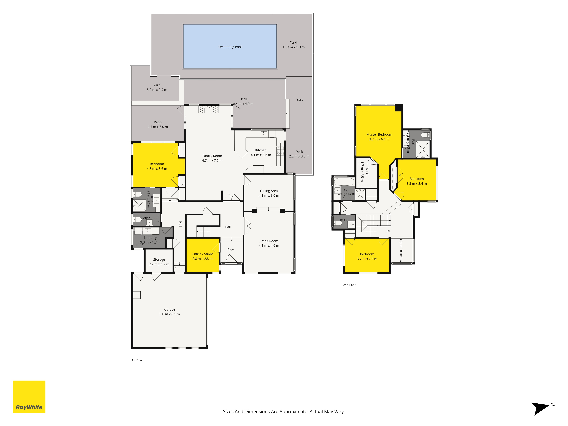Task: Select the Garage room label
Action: coord(169,309)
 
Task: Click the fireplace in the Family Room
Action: coord(208,109)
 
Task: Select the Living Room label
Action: coord(269,241)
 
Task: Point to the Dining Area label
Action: coord(269,191)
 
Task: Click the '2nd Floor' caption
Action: coord(349,285)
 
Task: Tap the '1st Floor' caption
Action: coord(137,360)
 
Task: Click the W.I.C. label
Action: coord(367,172)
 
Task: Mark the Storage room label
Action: coord(159,260)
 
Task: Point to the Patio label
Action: coord(158,122)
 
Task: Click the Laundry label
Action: coord(150,238)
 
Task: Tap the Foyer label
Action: coord(231,249)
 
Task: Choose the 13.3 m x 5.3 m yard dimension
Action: coord(294,47)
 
